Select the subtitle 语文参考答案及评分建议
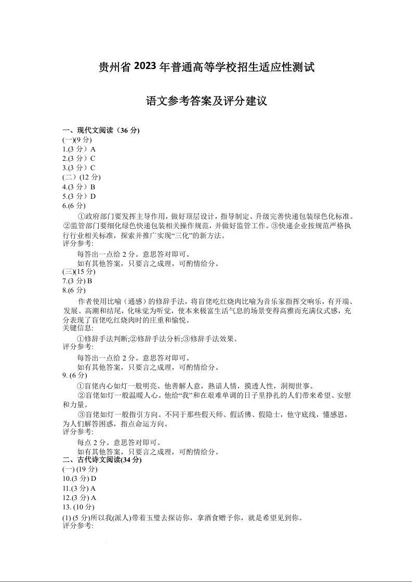(x=206, y=101)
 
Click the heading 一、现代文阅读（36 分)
(x=101, y=130)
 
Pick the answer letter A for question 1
(x=93, y=149)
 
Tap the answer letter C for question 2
(x=93, y=158)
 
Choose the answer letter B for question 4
(x=93, y=187)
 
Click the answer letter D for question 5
(x=93, y=197)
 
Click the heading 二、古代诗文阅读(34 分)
(x=102, y=460)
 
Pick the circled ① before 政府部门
(x=81, y=216)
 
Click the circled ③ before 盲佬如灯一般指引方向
(x=81, y=414)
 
